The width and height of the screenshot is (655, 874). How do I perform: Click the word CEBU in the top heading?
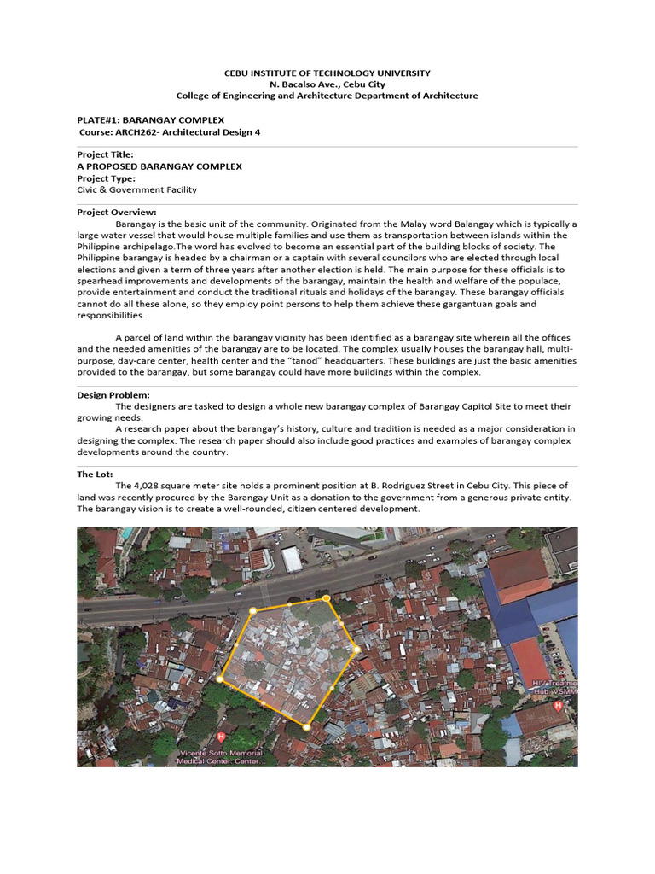(238, 73)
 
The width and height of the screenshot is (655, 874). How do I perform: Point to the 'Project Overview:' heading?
(117, 213)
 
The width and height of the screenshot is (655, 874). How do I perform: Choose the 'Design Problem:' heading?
(113, 395)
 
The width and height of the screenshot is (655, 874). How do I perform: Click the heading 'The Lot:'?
(95, 474)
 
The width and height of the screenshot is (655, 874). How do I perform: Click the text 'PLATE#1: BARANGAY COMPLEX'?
(151, 120)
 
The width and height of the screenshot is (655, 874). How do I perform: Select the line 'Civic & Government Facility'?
(136, 190)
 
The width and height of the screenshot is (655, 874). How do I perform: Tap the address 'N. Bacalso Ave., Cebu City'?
(327, 84)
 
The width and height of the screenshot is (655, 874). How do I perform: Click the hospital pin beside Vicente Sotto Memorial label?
(222, 736)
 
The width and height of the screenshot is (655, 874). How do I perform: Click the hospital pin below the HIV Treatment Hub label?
(558, 706)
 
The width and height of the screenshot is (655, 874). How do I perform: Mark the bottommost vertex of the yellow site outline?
(306, 726)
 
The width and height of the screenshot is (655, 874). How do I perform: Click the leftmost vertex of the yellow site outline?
(219, 679)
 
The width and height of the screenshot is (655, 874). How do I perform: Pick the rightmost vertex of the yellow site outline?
(356, 650)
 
